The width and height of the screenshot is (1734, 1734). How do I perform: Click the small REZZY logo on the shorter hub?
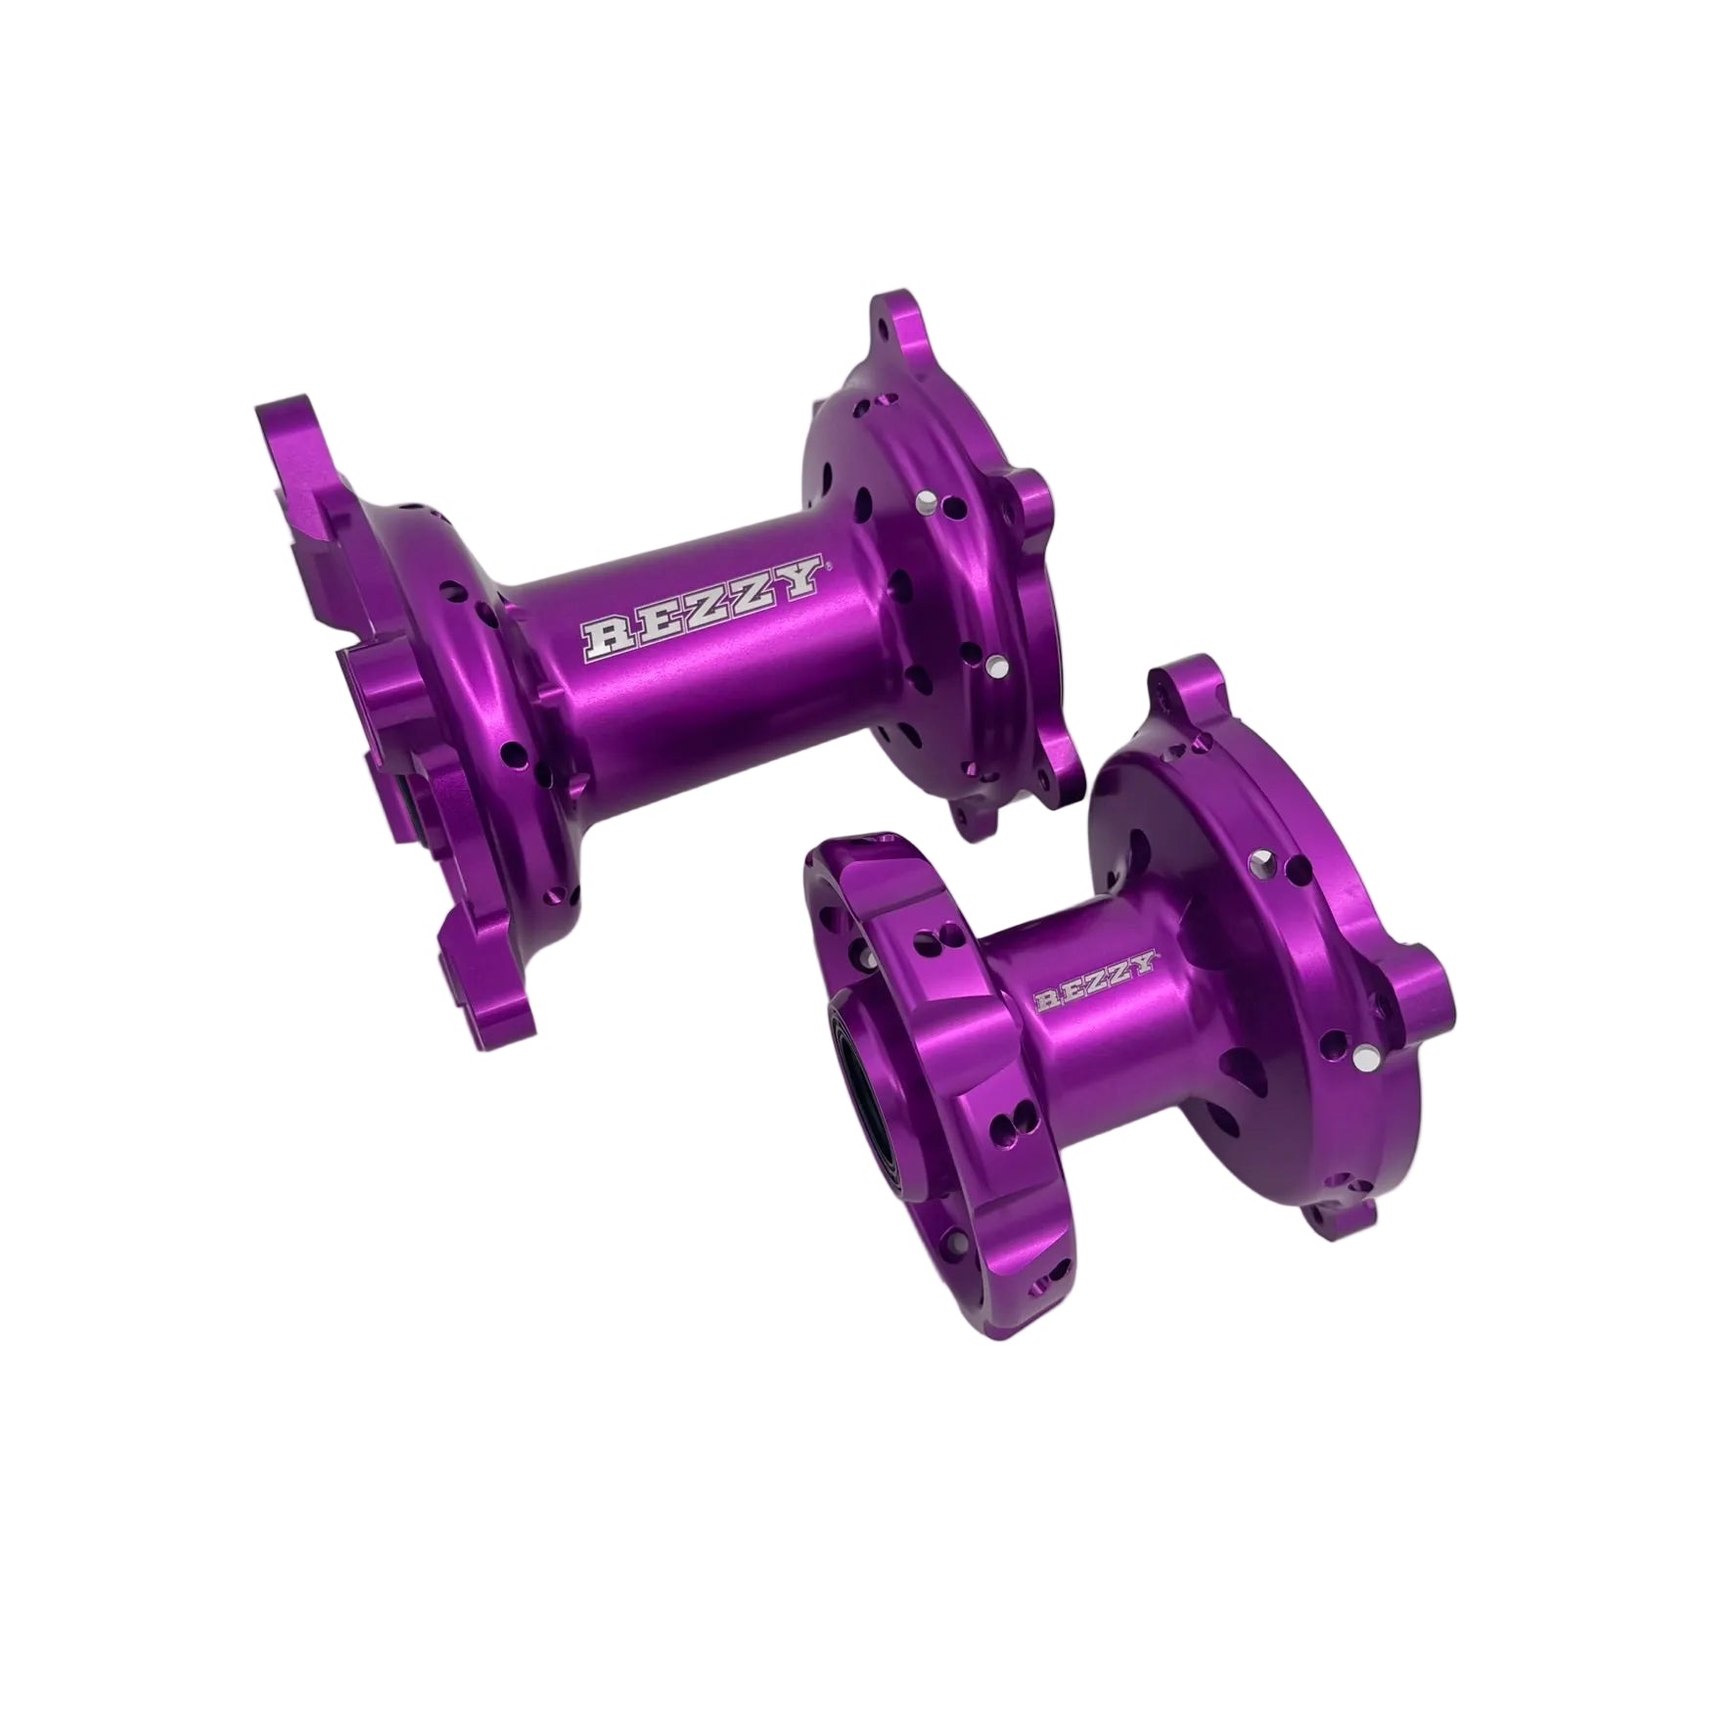click(1096, 982)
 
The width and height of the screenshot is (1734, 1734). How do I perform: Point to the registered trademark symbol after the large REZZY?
click(828, 565)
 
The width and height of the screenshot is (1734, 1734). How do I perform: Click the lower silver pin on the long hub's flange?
click(995, 667)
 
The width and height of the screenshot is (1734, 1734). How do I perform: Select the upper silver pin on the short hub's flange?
click(1259, 858)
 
